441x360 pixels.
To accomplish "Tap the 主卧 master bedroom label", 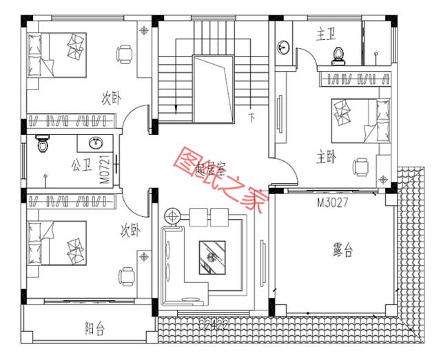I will pos(326,158).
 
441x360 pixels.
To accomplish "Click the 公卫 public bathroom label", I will pos(81,165).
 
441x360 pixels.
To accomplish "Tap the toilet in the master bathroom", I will pos(338,54).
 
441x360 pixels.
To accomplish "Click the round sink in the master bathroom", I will pos(284,47).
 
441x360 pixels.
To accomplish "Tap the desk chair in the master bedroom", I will pos(361,166).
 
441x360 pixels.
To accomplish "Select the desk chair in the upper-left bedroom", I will pos(123,53).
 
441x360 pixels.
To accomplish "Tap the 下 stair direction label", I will pos(252,118).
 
